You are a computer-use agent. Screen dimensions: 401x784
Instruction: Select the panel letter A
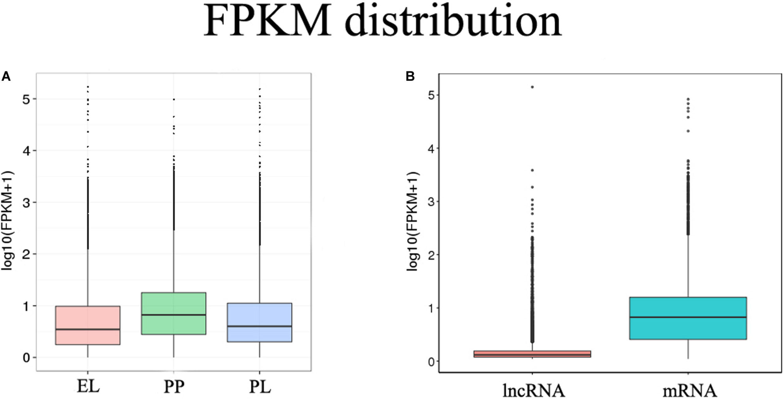tap(6, 77)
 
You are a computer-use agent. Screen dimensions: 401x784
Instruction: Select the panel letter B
tap(410, 77)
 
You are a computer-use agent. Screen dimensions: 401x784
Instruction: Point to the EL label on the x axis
tap(88, 387)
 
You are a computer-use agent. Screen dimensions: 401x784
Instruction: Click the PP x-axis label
tap(174, 387)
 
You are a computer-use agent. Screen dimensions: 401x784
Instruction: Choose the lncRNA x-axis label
tap(533, 391)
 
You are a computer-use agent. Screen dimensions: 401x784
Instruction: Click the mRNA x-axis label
tap(690, 391)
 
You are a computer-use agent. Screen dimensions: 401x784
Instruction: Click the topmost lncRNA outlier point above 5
tap(532, 87)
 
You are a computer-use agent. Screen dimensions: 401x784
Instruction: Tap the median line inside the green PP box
tap(173, 315)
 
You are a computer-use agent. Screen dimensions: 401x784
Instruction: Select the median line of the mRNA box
tap(688, 317)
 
